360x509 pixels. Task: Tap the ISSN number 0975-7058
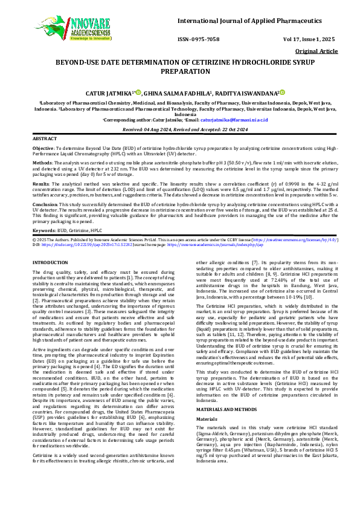pos(202,39)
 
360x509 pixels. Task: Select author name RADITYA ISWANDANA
pos(246,94)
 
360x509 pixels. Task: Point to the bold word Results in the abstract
pos(40,183)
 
